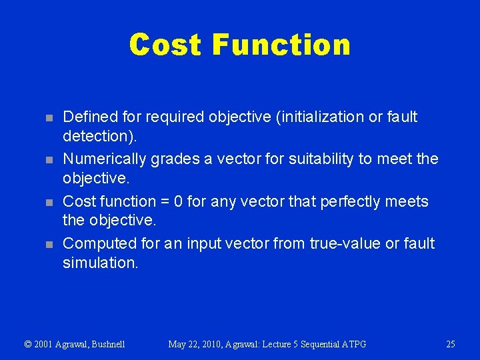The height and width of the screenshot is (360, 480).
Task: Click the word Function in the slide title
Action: pyautogui.click(x=281, y=45)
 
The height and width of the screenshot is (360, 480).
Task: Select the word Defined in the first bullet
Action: pyautogui.click(x=90, y=117)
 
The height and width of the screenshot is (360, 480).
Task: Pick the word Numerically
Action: pyautogui.click(x=105, y=159)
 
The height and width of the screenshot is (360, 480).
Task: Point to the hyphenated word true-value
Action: pyautogui.click(x=344, y=244)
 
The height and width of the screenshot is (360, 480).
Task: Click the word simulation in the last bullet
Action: pyautogui.click(x=99, y=262)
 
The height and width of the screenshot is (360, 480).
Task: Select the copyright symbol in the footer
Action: pyautogui.click(x=28, y=344)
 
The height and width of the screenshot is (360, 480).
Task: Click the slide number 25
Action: pyautogui.click(x=450, y=344)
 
